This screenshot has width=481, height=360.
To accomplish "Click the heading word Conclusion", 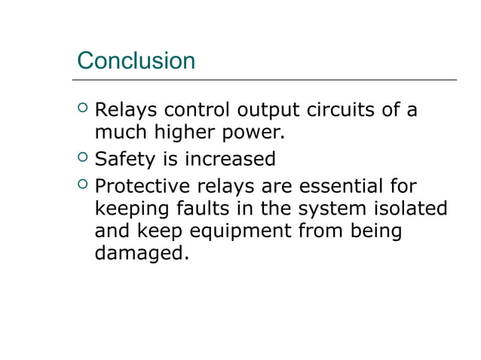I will [x=136, y=60].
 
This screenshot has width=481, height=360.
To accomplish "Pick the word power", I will [x=256, y=134].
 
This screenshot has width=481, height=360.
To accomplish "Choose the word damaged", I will [x=141, y=254].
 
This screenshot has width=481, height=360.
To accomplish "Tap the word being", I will [x=376, y=230].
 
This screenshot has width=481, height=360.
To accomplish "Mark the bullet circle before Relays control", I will [x=82, y=109].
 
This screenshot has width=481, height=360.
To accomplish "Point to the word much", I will [x=118, y=134].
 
